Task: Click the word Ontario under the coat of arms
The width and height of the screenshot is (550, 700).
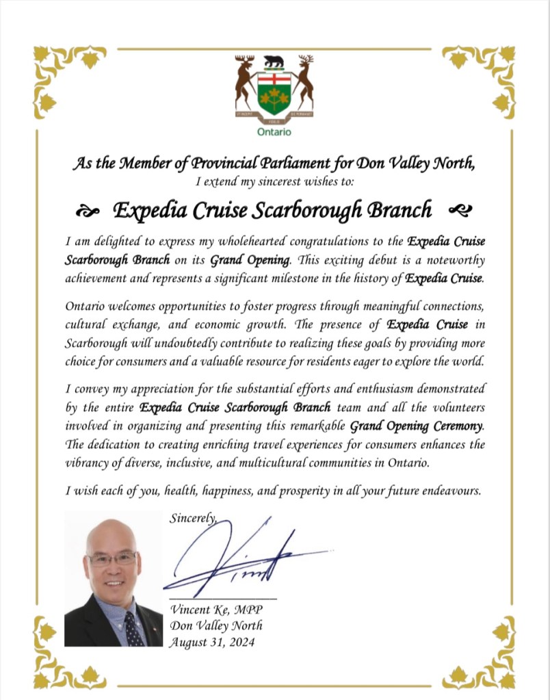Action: coord(274,131)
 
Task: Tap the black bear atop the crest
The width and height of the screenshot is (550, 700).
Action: coord(274,62)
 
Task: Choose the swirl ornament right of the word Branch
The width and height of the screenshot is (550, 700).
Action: coord(458,209)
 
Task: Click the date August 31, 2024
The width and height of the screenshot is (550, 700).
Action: coord(212,641)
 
